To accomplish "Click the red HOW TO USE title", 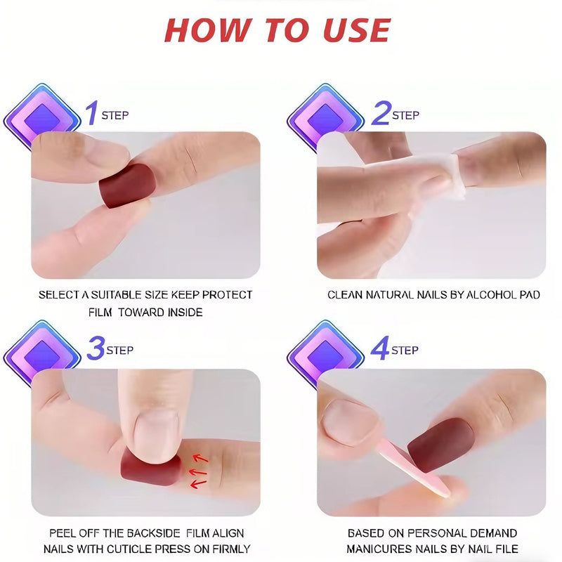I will pyautogui.click(x=277, y=30).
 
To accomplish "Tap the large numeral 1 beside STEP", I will pyautogui.click(x=91, y=113).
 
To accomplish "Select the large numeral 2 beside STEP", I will pyautogui.click(x=380, y=113).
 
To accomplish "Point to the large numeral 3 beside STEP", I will pyautogui.click(x=96, y=348).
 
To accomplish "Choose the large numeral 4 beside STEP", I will pyautogui.click(x=380, y=348).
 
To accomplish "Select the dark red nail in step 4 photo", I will pyautogui.click(x=440, y=444).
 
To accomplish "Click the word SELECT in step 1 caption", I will pyautogui.click(x=59, y=295).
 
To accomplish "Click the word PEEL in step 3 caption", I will pyautogui.click(x=63, y=533).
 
